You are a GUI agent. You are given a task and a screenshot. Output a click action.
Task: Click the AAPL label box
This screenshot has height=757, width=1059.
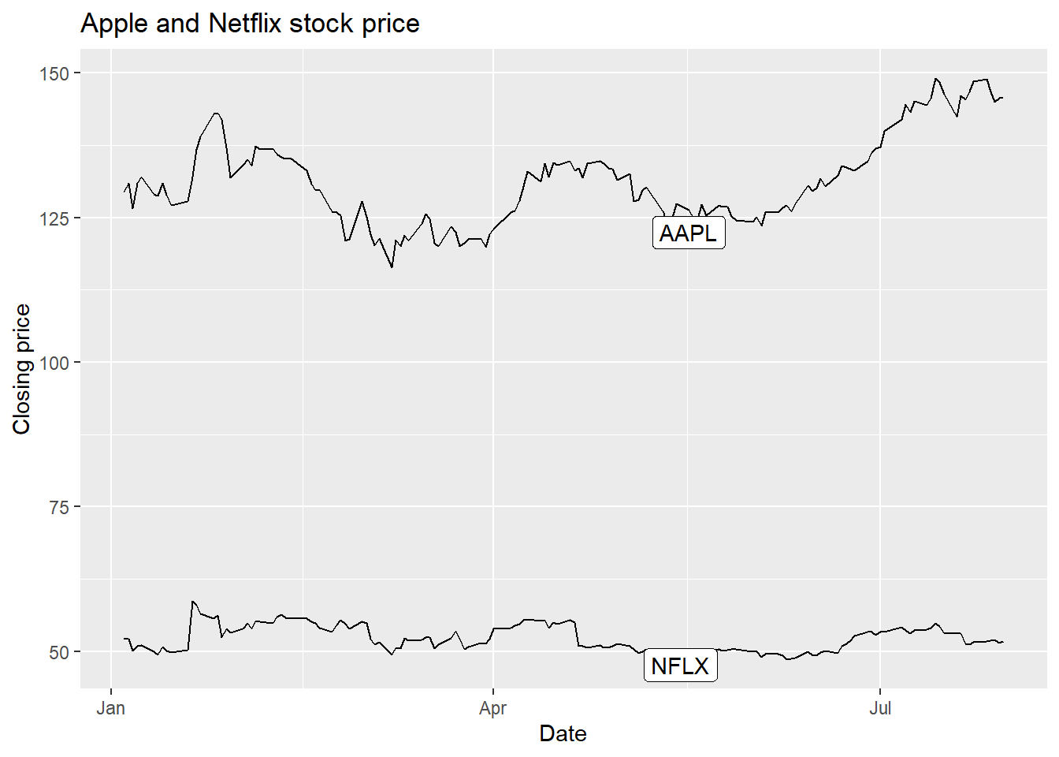coord(689,233)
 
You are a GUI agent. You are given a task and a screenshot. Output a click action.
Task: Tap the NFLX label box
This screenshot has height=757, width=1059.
coord(680,666)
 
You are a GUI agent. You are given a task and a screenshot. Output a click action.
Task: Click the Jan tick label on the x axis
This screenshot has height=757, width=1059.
coord(111,708)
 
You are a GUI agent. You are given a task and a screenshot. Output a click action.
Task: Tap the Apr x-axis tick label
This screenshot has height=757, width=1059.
coord(492,708)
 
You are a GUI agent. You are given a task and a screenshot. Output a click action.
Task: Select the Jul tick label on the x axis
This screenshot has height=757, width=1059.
coord(880,708)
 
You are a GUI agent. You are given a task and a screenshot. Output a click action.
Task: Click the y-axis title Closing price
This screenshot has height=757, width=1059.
coord(22,369)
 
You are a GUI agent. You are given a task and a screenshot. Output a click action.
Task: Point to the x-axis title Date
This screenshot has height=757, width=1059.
coord(563,734)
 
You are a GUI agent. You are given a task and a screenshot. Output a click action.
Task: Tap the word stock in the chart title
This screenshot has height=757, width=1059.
coord(321,24)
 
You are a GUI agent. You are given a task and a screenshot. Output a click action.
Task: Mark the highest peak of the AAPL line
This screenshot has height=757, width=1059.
coord(935,79)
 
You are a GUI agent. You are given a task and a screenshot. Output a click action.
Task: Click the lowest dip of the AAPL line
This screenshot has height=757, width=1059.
coord(392,267)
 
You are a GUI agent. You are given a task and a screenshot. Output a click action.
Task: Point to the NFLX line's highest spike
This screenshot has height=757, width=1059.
coord(192,602)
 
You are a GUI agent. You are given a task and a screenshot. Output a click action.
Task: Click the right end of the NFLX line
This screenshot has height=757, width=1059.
coord(1002,642)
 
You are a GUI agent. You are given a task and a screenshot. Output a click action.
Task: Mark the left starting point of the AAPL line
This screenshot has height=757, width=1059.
coord(124,192)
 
